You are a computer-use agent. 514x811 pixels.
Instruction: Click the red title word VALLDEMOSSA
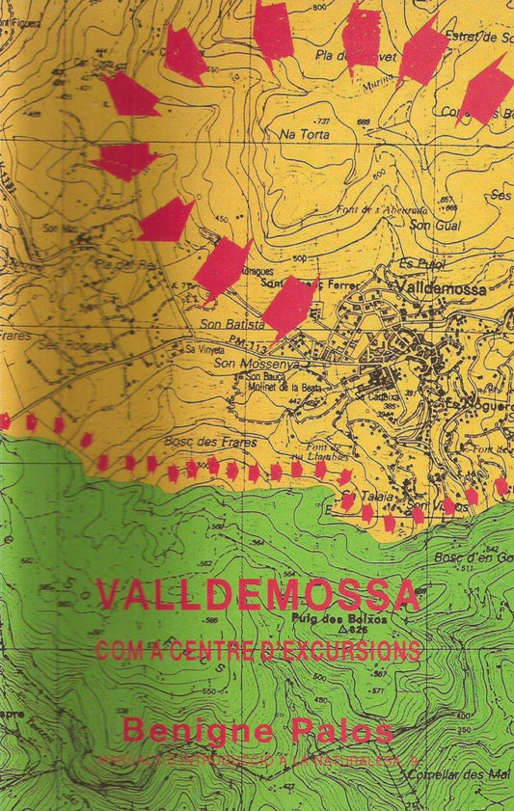click(258, 595)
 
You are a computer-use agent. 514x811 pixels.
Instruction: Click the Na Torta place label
click(298, 136)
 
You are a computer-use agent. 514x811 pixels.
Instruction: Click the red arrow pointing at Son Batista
click(289, 307)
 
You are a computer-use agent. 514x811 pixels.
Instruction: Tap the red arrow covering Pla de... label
click(362, 39)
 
